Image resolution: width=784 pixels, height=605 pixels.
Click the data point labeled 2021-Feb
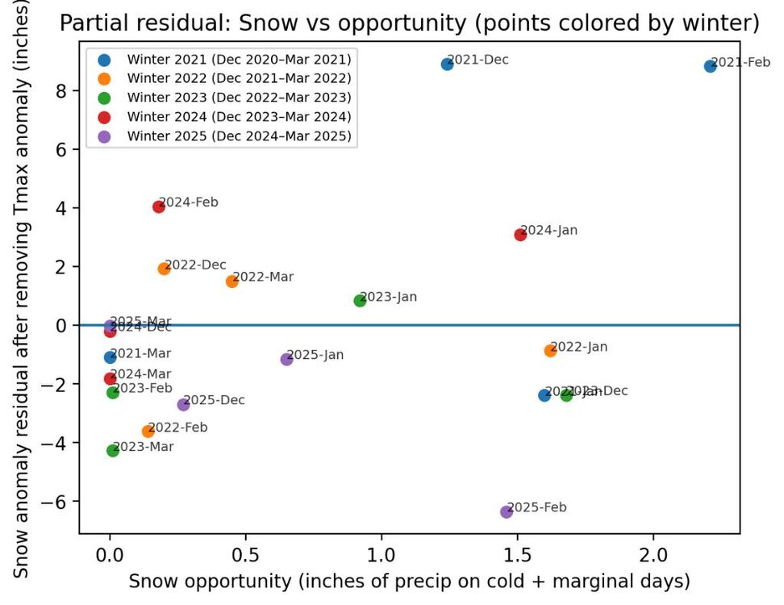(x=710, y=66)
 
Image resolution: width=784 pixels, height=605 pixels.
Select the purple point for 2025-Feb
(x=507, y=511)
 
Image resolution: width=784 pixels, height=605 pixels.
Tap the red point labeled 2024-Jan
(x=520, y=235)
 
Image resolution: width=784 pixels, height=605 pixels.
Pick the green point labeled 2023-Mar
(x=113, y=450)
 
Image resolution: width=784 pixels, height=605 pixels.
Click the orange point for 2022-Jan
(x=550, y=351)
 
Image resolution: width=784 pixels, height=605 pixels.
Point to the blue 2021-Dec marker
(x=447, y=64)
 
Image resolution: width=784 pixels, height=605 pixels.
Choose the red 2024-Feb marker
(x=159, y=207)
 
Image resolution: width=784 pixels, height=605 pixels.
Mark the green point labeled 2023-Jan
(x=360, y=300)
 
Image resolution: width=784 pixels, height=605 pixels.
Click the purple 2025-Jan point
(x=286, y=359)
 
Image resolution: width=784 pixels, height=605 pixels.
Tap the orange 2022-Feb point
(x=148, y=432)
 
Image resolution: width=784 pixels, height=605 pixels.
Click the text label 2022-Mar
(x=263, y=277)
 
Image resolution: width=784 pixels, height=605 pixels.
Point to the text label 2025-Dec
(x=215, y=400)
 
